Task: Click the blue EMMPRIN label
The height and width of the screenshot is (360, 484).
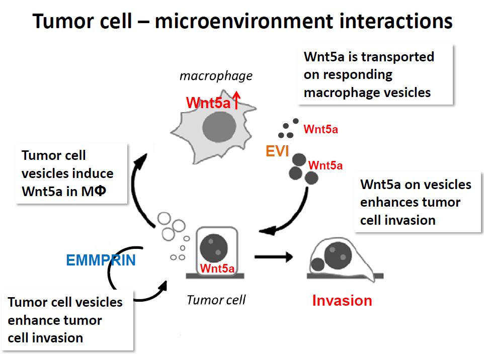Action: coord(101,260)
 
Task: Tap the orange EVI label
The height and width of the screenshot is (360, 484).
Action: coord(277,151)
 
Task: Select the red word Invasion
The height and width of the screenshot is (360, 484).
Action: coord(342,301)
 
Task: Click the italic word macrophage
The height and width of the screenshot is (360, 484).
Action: coord(216,76)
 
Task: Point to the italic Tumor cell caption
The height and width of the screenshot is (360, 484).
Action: coord(216,300)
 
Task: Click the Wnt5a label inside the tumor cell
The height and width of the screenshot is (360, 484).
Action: coord(217,268)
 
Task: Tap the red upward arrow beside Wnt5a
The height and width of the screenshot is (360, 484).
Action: coord(236,100)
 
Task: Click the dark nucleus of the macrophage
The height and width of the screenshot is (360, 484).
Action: coord(219,127)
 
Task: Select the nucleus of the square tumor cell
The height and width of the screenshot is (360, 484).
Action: coord(214,248)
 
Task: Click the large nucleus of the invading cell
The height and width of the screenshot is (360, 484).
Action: coord(338,255)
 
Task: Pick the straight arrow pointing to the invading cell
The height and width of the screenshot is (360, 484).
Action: coord(274,256)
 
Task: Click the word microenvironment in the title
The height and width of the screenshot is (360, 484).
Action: coord(244,21)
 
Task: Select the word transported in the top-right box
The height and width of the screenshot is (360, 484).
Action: coord(397,57)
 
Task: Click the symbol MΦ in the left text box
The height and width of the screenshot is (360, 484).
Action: coord(94,191)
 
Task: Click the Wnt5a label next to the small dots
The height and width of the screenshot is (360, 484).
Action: coord(320,129)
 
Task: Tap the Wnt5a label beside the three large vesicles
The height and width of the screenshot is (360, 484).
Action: coord(326,165)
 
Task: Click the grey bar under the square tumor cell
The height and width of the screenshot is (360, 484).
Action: coord(215,276)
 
